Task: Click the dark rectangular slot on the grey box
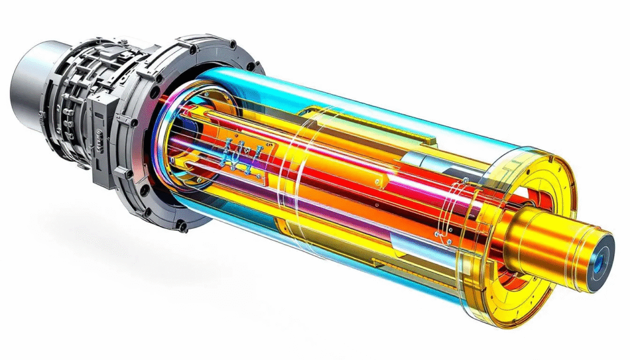98,148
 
